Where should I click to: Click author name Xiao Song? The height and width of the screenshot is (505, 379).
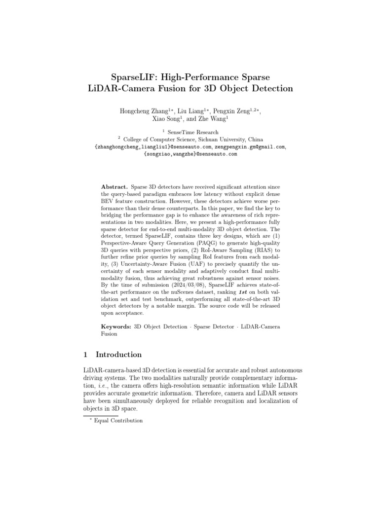coord(164,119)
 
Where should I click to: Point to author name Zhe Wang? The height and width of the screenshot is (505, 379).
coord(215,119)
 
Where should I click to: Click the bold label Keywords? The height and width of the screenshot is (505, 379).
coord(116,326)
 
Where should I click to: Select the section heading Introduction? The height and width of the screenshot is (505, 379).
coord(118,355)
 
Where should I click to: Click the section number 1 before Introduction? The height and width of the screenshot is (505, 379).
coord(85,355)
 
